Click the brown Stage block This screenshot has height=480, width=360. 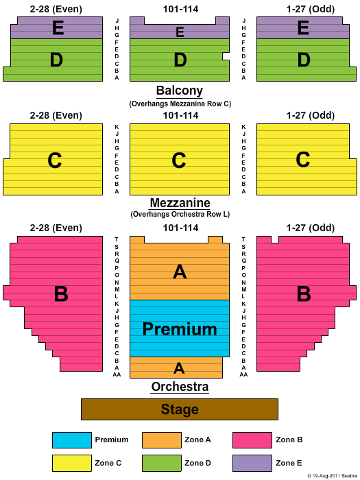pyautogui.click(x=180, y=409)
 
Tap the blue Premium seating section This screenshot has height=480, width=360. pyautogui.click(x=180, y=328)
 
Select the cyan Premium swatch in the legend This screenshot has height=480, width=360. pyautogui.click(x=72, y=440)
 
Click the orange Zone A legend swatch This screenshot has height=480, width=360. pyautogui.click(x=162, y=440)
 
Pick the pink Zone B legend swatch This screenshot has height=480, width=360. pyautogui.click(x=252, y=440)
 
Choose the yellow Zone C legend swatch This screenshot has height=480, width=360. pyautogui.click(x=72, y=463)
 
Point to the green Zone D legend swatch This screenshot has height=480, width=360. pyautogui.click(x=162, y=463)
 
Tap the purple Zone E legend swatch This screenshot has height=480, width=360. pyautogui.click(x=252, y=463)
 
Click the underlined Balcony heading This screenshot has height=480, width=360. pyautogui.click(x=180, y=91)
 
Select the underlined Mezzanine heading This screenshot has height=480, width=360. pyautogui.click(x=180, y=203)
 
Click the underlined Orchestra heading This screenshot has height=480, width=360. pyautogui.click(x=180, y=387)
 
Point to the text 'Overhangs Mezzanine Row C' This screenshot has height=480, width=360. pyautogui.click(x=180, y=104)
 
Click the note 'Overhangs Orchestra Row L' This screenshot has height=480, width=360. pyautogui.click(x=180, y=214)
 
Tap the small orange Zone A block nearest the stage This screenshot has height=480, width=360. pyautogui.click(x=176, y=368)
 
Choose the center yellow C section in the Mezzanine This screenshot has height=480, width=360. pyautogui.click(x=180, y=160)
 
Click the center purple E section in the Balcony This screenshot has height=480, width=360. pyautogui.click(x=180, y=30)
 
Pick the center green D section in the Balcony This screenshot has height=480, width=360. pyautogui.click(x=180, y=60)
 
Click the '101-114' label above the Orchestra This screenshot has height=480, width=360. pyautogui.click(x=180, y=228)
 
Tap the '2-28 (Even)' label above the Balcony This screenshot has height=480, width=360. pyautogui.click(x=56, y=9)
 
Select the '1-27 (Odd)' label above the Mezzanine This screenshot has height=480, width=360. pyautogui.click(x=311, y=115)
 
